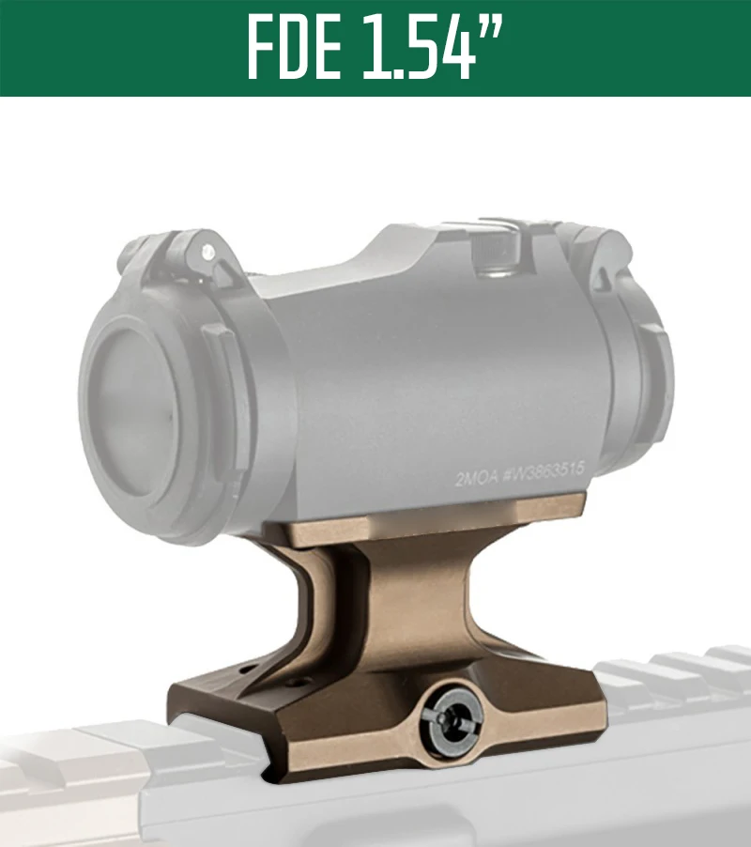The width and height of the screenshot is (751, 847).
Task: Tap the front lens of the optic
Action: (x=132, y=413)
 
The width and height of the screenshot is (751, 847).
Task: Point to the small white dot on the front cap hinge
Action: (x=207, y=251)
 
